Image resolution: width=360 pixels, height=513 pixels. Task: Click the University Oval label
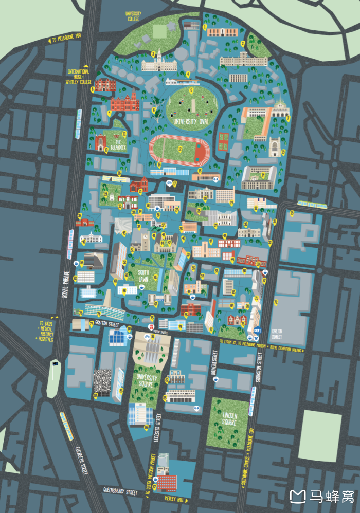(191, 121)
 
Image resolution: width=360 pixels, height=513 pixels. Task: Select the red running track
(179, 148)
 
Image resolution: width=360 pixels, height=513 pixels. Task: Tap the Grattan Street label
(107, 323)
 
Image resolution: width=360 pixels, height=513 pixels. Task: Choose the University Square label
(147, 381)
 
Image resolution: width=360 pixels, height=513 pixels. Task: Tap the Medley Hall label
(173, 499)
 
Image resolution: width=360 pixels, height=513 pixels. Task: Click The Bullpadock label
(118, 145)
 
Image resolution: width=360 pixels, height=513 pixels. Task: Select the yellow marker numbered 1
(205, 27)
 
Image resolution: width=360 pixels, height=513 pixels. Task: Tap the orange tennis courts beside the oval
(223, 141)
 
